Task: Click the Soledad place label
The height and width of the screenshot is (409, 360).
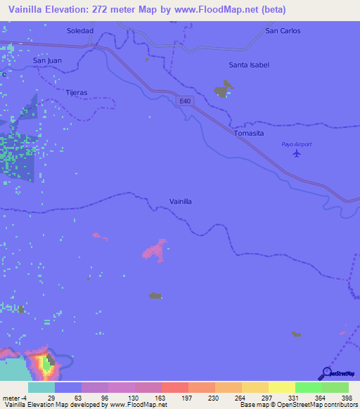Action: (x=79, y=31)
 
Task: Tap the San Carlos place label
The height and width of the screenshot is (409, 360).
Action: (x=283, y=31)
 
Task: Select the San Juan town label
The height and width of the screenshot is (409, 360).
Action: (x=47, y=60)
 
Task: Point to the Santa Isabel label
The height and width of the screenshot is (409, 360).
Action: (x=249, y=65)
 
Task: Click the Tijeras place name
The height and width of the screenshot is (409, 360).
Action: (x=76, y=93)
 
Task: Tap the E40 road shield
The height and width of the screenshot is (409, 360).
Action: (x=184, y=101)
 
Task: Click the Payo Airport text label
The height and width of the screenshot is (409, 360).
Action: (x=296, y=144)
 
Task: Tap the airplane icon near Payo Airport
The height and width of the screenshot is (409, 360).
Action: (x=297, y=152)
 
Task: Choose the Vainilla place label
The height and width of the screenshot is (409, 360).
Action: (x=181, y=202)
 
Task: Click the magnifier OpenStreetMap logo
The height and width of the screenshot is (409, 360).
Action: (x=326, y=374)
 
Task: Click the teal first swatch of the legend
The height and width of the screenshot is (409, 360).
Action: (x=41, y=387)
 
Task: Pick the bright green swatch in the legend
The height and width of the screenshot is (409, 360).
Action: (x=308, y=387)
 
